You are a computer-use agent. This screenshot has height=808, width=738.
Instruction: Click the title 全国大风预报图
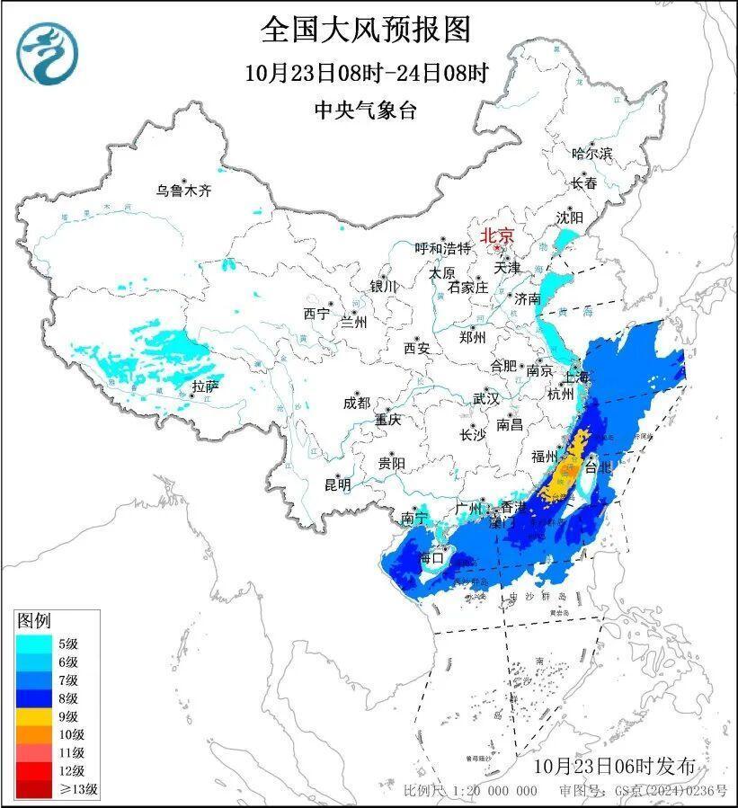pos(366,30)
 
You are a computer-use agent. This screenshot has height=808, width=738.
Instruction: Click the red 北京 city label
pos(497,235)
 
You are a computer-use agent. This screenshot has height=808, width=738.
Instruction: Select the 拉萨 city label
pos(205,386)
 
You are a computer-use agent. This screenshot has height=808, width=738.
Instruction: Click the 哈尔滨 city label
pos(591,154)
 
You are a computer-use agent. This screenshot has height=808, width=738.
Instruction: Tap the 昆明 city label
pos(338,484)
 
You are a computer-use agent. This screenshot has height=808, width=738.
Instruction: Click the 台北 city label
pos(598,467)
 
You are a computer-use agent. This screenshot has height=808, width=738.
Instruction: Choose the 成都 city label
pos(356,403)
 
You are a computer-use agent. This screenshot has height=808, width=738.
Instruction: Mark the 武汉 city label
pos(486,398)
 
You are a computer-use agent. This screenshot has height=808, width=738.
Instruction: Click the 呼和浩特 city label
pos(442,248)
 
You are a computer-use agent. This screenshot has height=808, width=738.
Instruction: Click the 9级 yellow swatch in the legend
pos(33,716)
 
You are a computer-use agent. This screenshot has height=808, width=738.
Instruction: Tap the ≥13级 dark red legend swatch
pos(33,790)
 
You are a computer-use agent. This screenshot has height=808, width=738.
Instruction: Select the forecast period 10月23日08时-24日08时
pos(366,72)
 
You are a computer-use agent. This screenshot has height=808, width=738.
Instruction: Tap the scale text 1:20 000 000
pos(493,791)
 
